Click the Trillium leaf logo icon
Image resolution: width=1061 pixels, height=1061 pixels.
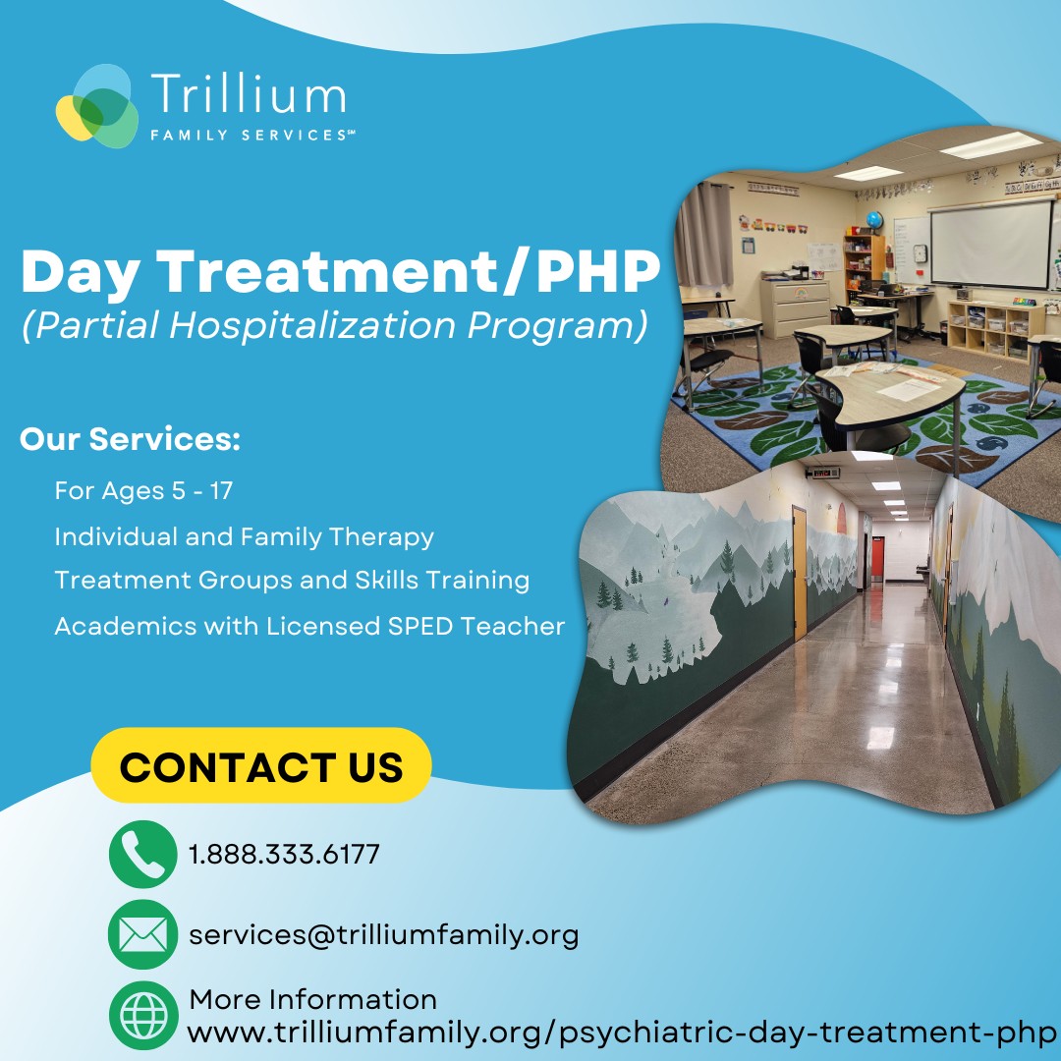[x=97, y=105]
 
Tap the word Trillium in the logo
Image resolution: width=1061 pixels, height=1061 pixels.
[x=249, y=93]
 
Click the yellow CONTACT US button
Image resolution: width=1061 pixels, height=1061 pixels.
[x=261, y=765]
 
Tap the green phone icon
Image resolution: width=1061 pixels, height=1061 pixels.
[x=142, y=854]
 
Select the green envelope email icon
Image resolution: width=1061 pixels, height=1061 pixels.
[x=142, y=934]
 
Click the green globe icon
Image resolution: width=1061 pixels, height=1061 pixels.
[x=143, y=1015]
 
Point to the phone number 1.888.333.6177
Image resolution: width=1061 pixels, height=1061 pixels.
[x=284, y=854]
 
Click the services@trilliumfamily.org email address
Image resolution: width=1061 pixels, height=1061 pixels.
[x=384, y=935]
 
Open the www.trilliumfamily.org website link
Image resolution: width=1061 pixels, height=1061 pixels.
[x=622, y=1033]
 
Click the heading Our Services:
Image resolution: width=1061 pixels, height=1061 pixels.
[x=130, y=438]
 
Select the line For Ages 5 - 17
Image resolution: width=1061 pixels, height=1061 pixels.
[x=143, y=490]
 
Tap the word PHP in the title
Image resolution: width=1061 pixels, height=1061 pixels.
[x=597, y=272]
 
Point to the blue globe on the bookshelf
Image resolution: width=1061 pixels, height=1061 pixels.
[x=874, y=220]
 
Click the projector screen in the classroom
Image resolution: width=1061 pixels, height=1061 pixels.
[x=992, y=244]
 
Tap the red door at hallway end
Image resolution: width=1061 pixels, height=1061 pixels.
[x=877, y=558]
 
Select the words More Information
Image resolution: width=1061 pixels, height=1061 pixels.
[x=313, y=999]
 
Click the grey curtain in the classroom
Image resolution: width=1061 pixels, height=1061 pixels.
[x=705, y=234]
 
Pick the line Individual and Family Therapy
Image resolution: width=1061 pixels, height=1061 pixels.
[x=245, y=536]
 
